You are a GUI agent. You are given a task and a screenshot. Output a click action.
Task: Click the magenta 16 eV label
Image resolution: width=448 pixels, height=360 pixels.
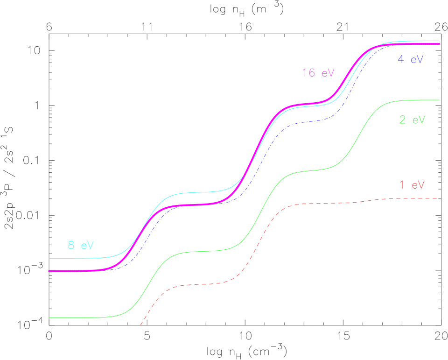pos(318,73)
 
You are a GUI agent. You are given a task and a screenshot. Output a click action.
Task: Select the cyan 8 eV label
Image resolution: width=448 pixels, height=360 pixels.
pos(81,246)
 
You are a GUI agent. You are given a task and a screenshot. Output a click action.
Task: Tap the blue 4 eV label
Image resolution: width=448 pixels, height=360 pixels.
pos(410,60)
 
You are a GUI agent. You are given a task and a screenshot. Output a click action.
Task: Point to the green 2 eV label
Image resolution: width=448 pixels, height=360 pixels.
pos(412,120)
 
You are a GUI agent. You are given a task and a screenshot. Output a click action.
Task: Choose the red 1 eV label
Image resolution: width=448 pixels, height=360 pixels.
pos(412,184)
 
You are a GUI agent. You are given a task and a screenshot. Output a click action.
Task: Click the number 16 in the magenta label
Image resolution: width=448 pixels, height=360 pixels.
pos(308,73)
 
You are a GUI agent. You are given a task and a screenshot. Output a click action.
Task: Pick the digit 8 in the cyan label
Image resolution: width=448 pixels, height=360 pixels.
pos(71,246)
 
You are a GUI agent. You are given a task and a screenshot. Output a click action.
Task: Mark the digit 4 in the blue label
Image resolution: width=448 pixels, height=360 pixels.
pos(401,60)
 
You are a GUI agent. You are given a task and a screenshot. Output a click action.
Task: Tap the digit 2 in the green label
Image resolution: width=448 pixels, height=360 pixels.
pos(402,120)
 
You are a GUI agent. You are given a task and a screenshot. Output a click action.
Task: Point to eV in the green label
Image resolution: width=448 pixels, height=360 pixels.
pos(418,120)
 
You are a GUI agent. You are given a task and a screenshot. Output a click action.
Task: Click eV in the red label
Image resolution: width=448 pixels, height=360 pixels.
pos(418,184)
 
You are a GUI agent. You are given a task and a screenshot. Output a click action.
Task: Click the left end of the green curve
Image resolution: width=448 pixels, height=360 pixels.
pos(49,318)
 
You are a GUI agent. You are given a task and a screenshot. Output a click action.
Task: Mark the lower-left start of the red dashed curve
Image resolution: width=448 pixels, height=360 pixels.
pos(140,324)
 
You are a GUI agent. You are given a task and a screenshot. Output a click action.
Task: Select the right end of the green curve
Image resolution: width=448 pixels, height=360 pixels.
pos(439,100)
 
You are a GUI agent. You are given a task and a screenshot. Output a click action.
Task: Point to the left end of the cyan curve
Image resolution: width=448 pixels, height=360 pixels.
pos(49,258)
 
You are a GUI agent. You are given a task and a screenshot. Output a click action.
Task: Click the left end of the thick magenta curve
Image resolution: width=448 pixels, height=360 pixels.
pos(49,271)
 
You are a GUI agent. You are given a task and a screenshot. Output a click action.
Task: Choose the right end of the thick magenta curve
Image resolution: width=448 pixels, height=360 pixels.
pos(439,44)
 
